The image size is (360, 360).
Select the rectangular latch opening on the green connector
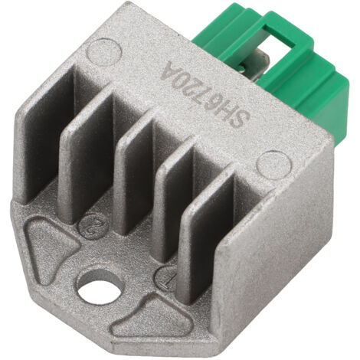[x=277, y=40]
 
